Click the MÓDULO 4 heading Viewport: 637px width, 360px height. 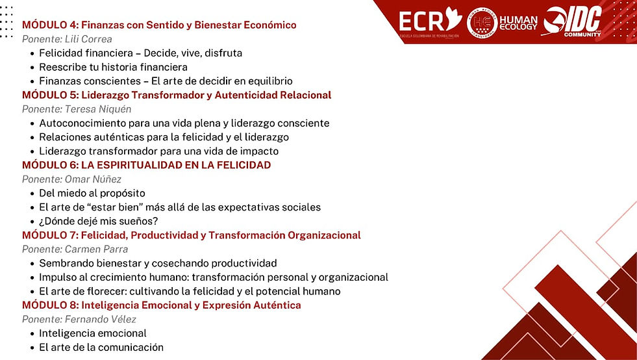pos(159,25)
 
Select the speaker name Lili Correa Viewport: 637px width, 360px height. pos(88,39)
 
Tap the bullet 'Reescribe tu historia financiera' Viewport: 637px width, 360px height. pos(113,67)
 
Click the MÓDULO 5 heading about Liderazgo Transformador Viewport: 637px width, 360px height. pos(177,95)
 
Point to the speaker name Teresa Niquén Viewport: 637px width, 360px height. pos(97,109)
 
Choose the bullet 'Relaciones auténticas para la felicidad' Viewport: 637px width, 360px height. pos(164,137)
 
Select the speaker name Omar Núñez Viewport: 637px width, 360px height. pos(92,179)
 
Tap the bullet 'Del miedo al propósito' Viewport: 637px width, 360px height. pos(92,193)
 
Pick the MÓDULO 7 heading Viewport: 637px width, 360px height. pos(192,235)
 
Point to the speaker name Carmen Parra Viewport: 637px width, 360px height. pos(96,250)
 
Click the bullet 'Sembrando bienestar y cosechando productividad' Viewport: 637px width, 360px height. pos(158,263)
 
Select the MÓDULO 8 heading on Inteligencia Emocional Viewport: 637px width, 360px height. pos(162,305)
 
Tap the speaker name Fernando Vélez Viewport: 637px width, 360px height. pos(101,319)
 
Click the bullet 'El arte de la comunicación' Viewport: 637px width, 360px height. pos(101,347)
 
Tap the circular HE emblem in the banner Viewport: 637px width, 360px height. pos(482,22)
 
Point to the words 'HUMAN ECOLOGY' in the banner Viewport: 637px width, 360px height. pos(518,22)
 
